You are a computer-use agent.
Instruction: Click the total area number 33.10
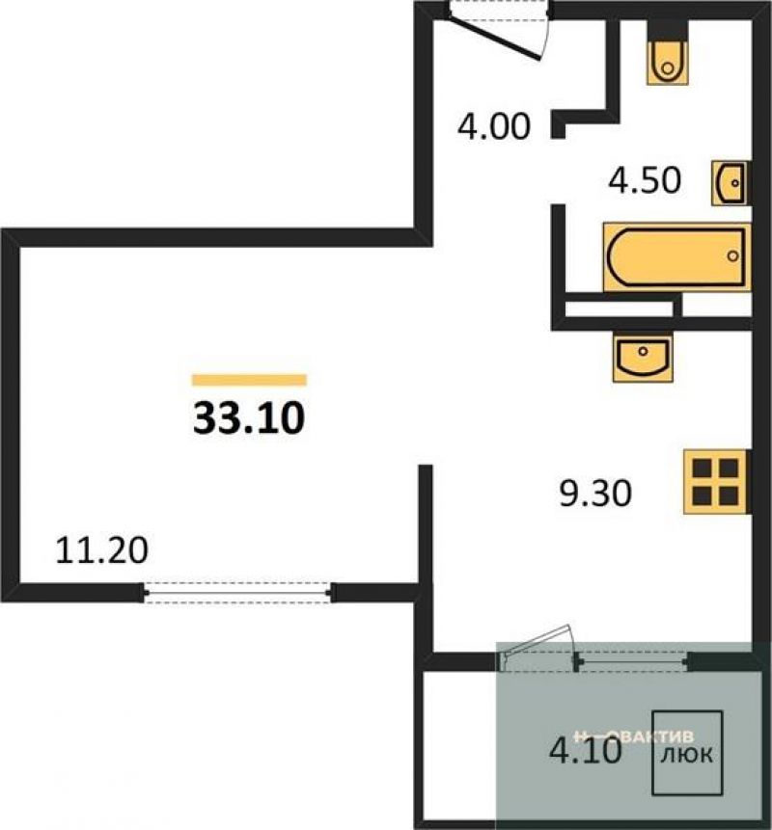point(249,416)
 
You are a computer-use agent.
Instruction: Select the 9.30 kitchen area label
point(594,495)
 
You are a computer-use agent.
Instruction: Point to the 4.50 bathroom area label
point(645,180)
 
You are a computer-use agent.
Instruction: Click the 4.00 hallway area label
point(494,126)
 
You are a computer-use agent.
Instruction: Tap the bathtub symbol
point(675,256)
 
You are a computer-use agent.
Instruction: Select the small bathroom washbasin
point(730,181)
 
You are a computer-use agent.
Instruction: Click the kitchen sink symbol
point(642,357)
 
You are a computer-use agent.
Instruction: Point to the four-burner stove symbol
point(715,482)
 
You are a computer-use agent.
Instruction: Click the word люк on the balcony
point(687,754)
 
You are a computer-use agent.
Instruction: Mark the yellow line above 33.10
point(249,380)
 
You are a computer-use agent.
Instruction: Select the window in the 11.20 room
point(237,592)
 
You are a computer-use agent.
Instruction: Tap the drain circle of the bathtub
point(733,256)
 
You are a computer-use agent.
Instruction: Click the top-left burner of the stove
point(702,469)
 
